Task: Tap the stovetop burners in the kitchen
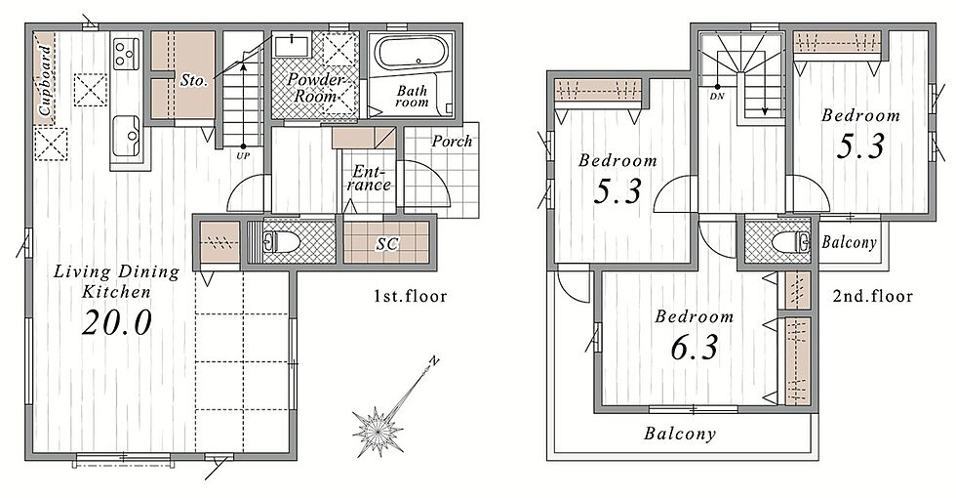coord(126,53)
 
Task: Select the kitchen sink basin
coord(127,136)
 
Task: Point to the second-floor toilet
coord(791,242)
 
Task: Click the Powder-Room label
coord(316,88)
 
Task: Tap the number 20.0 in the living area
coord(116,322)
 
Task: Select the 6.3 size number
coord(694,348)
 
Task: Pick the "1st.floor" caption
coord(411,297)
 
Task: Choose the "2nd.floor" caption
coord(873,297)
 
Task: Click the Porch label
coord(452,142)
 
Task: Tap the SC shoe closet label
coord(387,244)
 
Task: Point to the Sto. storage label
coord(194,79)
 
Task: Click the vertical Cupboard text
coord(45,81)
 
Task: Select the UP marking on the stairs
coord(243,155)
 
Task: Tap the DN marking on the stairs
coord(717,97)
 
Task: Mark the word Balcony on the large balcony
coord(679,434)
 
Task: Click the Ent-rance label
coord(369,178)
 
